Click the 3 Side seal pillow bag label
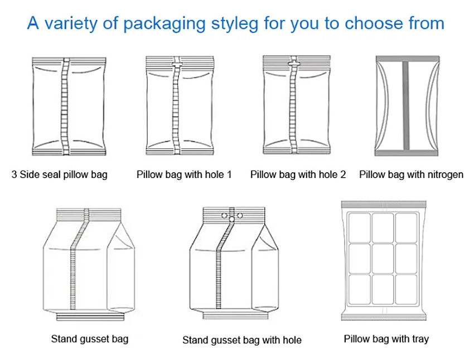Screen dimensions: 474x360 (59, 174)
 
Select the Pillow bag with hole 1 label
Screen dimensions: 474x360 (184, 174)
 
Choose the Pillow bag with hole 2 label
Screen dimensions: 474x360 (298, 174)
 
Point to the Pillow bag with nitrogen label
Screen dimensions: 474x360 (411, 174)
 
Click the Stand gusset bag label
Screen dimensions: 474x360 (89, 339)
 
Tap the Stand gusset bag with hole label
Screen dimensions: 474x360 (241, 340)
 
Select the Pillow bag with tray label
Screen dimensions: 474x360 (386, 338)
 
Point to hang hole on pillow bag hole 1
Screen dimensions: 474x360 (177, 65)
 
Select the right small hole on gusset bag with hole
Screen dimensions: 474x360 (240, 215)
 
